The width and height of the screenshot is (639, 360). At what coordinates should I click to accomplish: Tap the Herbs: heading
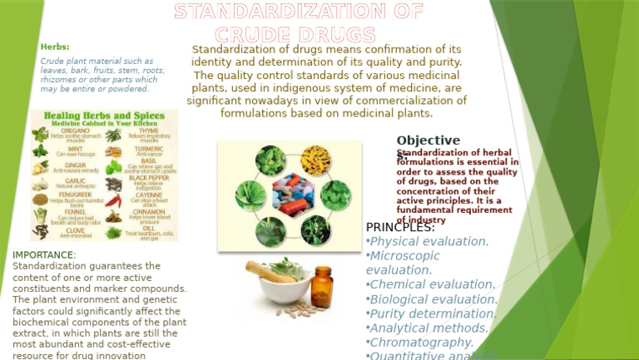point(55,47)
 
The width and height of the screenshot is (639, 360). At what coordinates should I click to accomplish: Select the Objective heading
point(428,141)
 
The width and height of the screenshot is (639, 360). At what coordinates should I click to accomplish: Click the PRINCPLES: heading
point(400,227)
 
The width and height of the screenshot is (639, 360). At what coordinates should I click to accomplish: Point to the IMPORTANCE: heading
point(45,254)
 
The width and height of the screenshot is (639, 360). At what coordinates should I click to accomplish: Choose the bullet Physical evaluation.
point(428,242)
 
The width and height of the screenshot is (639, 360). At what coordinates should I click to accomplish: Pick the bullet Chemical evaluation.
point(432,285)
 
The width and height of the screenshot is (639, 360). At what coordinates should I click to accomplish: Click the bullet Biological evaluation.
point(433,299)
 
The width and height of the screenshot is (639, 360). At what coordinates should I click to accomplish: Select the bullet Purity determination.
point(433,313)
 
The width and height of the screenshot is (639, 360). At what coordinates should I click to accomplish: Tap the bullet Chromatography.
point(422,343)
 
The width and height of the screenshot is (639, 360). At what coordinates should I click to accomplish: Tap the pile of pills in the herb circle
point(289,200)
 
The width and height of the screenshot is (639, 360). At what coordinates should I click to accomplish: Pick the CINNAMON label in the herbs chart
point(150,212)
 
